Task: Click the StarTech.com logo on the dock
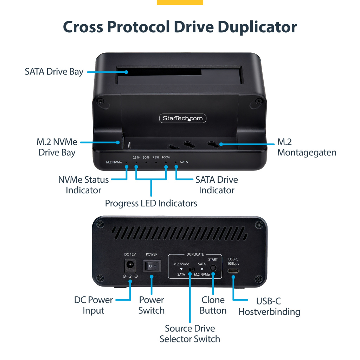183,118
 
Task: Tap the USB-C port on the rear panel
233,271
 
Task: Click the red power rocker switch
152,266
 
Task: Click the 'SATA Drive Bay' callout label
54,72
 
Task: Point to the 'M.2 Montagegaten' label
307,147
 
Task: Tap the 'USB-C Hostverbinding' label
269,306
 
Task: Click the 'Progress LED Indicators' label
151,203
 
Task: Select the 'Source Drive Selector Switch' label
190,334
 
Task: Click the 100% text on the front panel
166,157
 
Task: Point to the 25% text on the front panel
136,157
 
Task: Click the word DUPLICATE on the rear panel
195,254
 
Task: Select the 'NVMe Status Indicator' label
84,185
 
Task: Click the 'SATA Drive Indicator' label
217,185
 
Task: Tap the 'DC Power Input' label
94,305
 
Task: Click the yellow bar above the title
180,2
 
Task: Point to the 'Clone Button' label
213,305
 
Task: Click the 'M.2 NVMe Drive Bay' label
57,147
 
